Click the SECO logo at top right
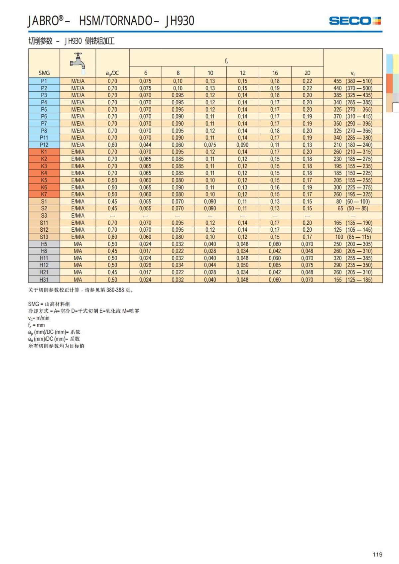(x=354, y=21)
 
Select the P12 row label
(x=44, y=145)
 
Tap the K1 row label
(x=44, y=152)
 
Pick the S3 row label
(x=44, y=216)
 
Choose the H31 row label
(x=44, y=280)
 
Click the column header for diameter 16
(x=275, y=73)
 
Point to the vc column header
(x=353, y=73)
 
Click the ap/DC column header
(x=112, y=73)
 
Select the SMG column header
(x=44, y=73)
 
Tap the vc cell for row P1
(x=353, y=81)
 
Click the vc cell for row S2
(x=353, y=209)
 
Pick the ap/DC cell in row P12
(x=112, y=145)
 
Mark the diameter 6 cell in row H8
(x=145, y=251)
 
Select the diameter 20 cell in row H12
(x=307, y=265)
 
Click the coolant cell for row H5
(x=78, y=244)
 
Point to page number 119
(x=377, y=554)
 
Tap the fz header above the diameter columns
(x=226, y=61)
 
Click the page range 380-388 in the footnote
(x=115, y=290)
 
